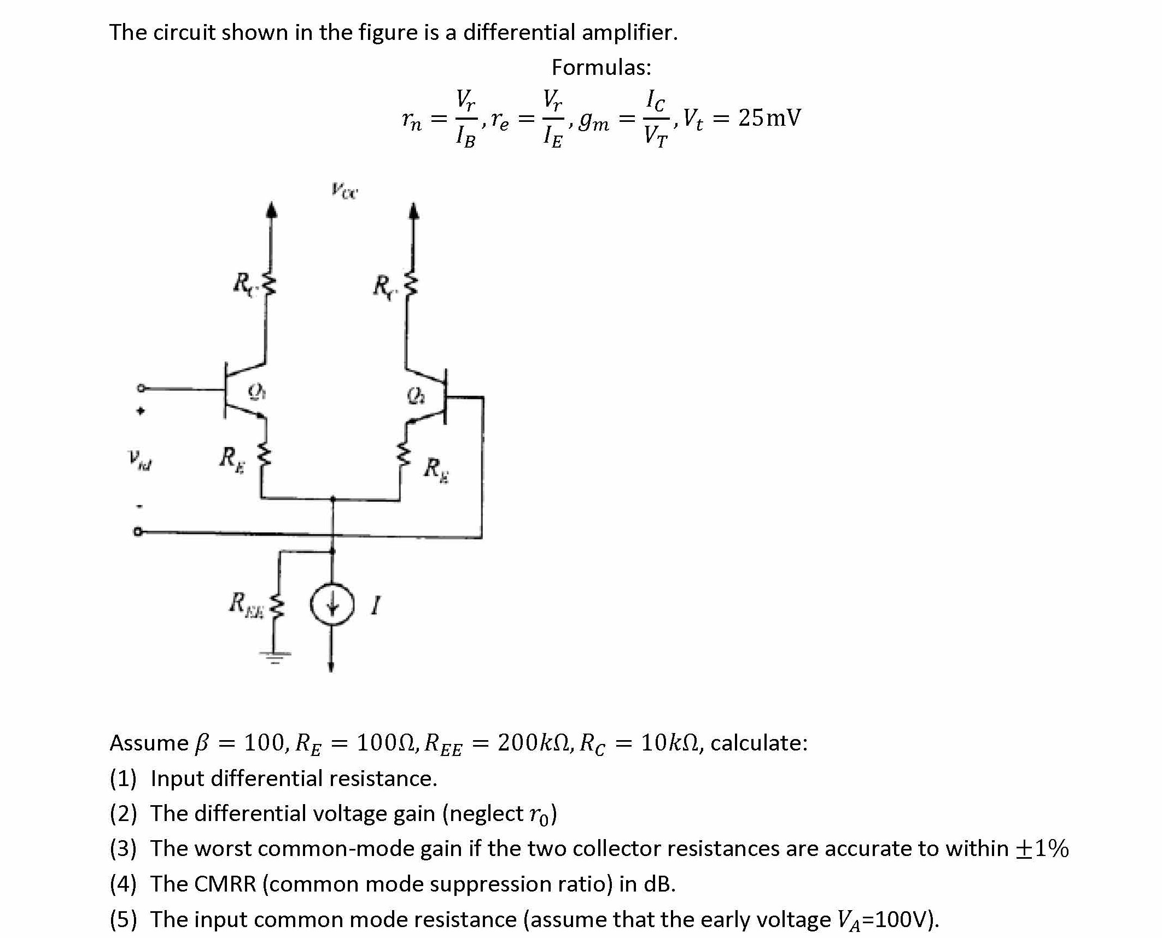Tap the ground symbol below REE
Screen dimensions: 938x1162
(x=275, y=656)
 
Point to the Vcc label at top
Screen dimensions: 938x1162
(x=344, y=191)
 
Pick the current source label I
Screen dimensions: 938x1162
(x=375, y=605)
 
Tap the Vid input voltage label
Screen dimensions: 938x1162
(x=141, y=460)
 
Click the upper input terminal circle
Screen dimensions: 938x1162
(x=141, y=389)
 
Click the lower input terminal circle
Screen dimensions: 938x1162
(x=138, y=531)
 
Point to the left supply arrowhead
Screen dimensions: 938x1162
(x=271, y=210)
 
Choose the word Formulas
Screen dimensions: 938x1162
(x=601, y=67)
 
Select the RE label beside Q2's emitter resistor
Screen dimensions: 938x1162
(x=436, y=470)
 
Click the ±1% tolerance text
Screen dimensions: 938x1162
(x=1042, y=848)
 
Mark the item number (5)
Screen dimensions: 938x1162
(x=123, y=919)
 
